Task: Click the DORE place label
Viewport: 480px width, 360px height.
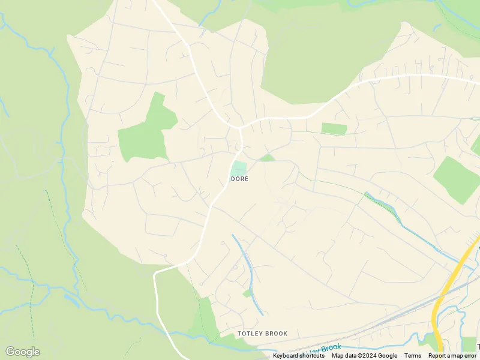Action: coord(239,179)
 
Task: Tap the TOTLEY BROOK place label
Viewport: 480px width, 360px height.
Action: coord(262,334)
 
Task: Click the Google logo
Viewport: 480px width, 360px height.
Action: coord(22,352)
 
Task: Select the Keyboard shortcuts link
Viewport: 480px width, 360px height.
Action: coord(299,356)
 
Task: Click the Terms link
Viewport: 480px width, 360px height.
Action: coord(413,356)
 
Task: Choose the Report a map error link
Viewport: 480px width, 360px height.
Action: coord(452,356)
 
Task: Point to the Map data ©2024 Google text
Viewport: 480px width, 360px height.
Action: coord(364,356)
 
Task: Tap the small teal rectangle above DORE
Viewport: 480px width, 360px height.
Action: coord(239,168)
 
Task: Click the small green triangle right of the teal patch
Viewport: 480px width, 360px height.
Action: coord(267,158)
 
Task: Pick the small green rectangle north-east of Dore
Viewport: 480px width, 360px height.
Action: coord(334,128)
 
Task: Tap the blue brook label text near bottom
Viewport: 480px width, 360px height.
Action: coord(324,349)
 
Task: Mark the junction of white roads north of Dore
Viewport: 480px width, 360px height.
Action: coord(239,127)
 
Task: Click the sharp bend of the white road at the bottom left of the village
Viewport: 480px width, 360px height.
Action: coord(157,273)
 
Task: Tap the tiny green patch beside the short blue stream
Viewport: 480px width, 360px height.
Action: coord(247,293)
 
